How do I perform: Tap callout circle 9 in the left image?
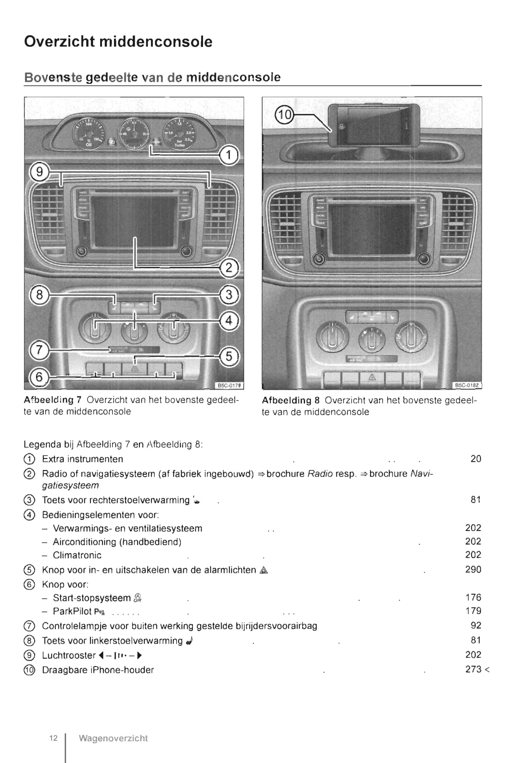(40, 172)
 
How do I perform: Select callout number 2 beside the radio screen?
(229, 268)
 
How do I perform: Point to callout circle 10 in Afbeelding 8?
(284, 114)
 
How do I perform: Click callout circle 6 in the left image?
(39, 377)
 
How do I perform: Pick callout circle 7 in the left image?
(39, 350)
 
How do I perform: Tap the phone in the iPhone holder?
(374, 124)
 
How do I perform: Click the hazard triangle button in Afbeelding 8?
(372, 377)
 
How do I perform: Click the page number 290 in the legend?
(473, 569)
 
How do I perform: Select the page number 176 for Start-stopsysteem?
(473, 597)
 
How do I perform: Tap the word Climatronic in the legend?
(77, 555)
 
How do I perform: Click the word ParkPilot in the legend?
(72, 611)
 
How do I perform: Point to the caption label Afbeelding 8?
(290, 400)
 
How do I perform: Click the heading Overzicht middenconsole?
(118, 42)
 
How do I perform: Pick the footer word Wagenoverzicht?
(113, 738)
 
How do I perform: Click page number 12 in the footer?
(54, 738)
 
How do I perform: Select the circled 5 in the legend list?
(29, 570)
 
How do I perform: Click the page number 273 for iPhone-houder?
(473, 669)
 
